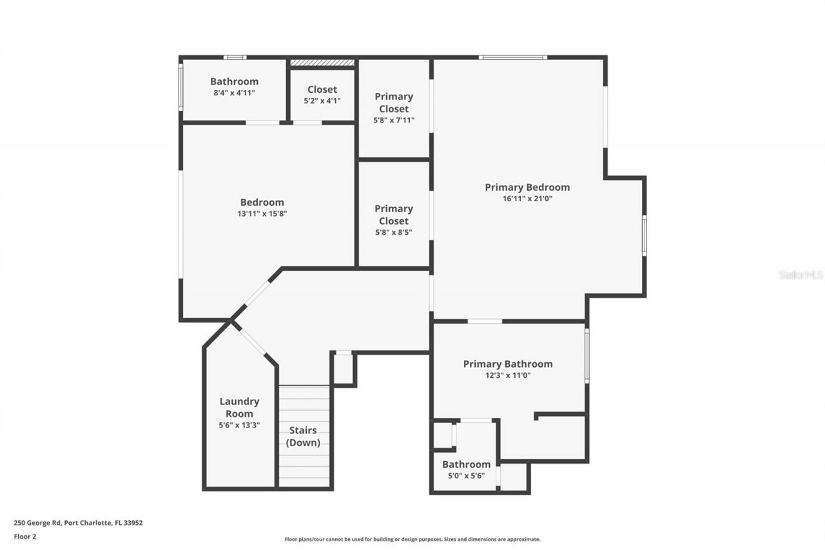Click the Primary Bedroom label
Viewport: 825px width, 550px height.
(x=527, y=187)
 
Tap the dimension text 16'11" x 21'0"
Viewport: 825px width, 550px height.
(x=527, y=199)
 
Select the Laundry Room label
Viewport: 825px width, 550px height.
(x=239, y=408)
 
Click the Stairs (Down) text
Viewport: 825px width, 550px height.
(x=303, y=437)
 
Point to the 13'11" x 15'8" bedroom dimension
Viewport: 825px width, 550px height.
(x=262, y=214)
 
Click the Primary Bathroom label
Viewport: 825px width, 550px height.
(x=507, y=364)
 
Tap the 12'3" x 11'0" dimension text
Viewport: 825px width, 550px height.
(x=507, y=375)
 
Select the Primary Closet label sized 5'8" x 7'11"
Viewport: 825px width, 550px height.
(x=394, y=103)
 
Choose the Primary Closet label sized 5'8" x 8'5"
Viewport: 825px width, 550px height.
(x=393, y=215)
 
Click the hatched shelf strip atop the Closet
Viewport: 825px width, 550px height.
(x=322, y=63)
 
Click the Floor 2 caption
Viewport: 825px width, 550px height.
(x=25, y=536)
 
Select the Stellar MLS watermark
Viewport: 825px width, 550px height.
(x=801, y=275)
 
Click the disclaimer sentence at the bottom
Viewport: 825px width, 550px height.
(x=412, y=539)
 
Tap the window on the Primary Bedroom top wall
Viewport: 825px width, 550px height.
(x=513, y=57)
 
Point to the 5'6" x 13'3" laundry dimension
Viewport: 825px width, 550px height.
(x=239, y=426)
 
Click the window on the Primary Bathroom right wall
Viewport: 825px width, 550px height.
(x=587, y=356)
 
